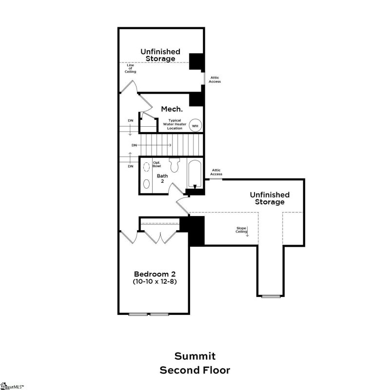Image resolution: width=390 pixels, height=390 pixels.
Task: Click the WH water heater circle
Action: pos(195,125)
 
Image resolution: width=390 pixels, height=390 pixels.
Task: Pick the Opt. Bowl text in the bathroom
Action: pos(156,164)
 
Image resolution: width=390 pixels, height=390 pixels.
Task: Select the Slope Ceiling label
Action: pos(241,229)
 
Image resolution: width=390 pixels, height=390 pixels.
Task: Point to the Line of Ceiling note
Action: pos(129,68)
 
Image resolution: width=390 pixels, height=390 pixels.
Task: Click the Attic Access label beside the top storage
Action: pos(215,79)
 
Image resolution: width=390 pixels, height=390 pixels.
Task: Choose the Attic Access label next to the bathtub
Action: pos(216,172)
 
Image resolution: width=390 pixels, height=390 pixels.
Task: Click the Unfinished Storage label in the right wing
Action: pos(270,198)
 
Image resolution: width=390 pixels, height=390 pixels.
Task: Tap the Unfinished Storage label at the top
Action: pos(160,55)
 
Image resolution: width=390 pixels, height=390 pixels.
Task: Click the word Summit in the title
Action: pos(195,356)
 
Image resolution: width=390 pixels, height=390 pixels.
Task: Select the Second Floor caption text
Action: pos(195,370)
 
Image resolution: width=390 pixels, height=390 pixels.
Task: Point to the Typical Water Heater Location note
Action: pos(175,124)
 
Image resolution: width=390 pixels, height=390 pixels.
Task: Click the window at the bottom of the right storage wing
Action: pos(271,296)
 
